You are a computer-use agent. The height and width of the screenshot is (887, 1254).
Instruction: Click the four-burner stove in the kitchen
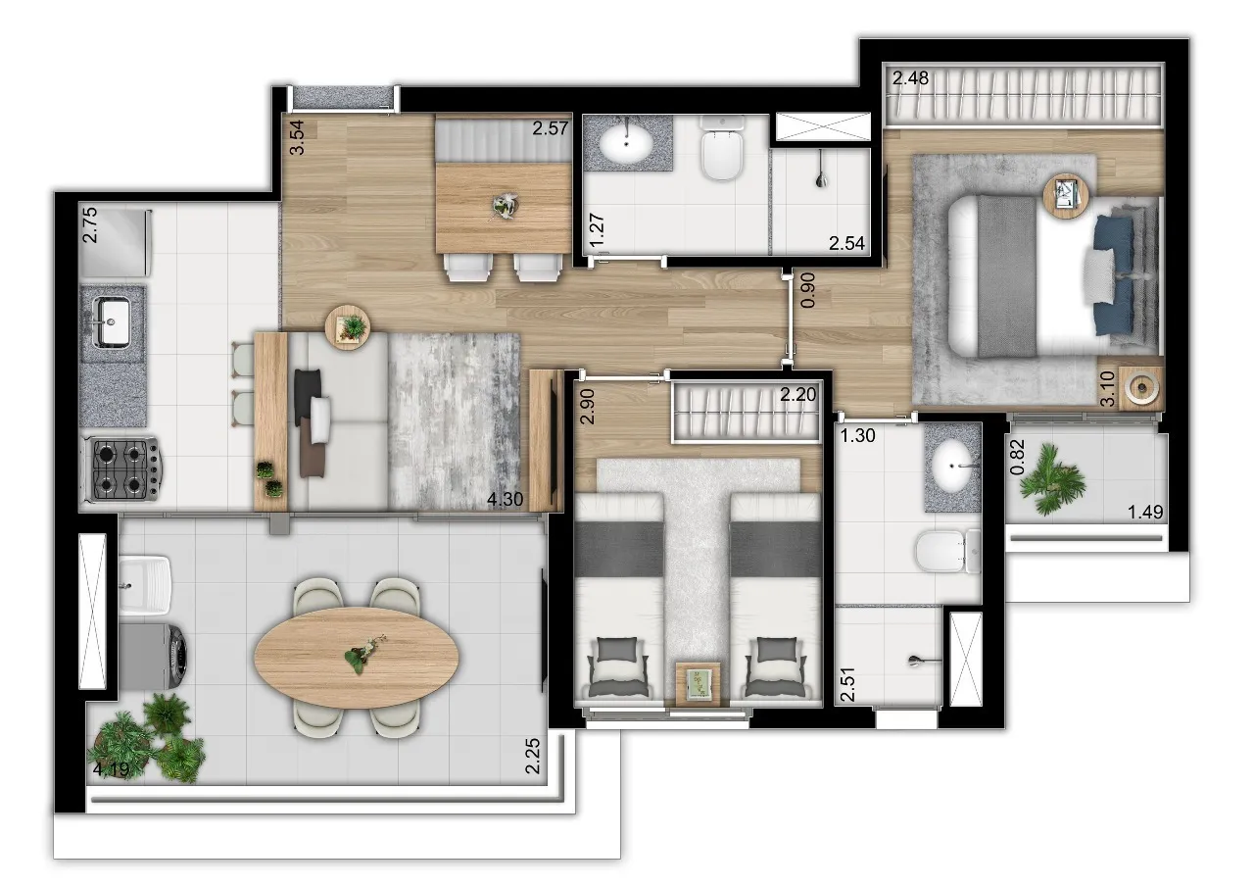(x=123, y=468)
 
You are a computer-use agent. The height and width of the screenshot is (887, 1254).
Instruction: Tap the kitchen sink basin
(x=115, y=320)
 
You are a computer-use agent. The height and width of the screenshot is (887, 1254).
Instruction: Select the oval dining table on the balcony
(x=357, y=658)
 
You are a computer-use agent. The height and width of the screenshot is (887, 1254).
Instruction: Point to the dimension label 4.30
(x=505, y=499)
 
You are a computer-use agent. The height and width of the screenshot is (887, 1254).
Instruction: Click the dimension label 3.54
(x=297, y=137)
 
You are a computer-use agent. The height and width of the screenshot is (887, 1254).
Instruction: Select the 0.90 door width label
(x=807, y=290)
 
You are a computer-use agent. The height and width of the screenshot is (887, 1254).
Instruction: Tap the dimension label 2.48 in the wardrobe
(x=910, y=77)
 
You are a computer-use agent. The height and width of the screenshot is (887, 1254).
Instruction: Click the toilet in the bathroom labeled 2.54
(x=723, y=148)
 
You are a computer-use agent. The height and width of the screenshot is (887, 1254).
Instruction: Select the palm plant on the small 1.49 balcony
(x=1051, y=478)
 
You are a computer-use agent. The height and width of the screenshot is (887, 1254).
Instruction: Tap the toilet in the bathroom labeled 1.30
(x=947, y=551)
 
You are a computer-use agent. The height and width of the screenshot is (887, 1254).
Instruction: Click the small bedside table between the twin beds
(x=697, y=684)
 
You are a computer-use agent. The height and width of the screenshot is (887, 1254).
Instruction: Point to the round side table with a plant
(x=348, y=327)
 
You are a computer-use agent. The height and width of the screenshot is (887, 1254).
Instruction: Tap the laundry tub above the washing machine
(x=145, y=585)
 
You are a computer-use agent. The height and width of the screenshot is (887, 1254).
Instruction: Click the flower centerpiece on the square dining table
(x=504, y=206)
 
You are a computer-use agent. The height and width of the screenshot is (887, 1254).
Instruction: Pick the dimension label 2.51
(x=847, y=684)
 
